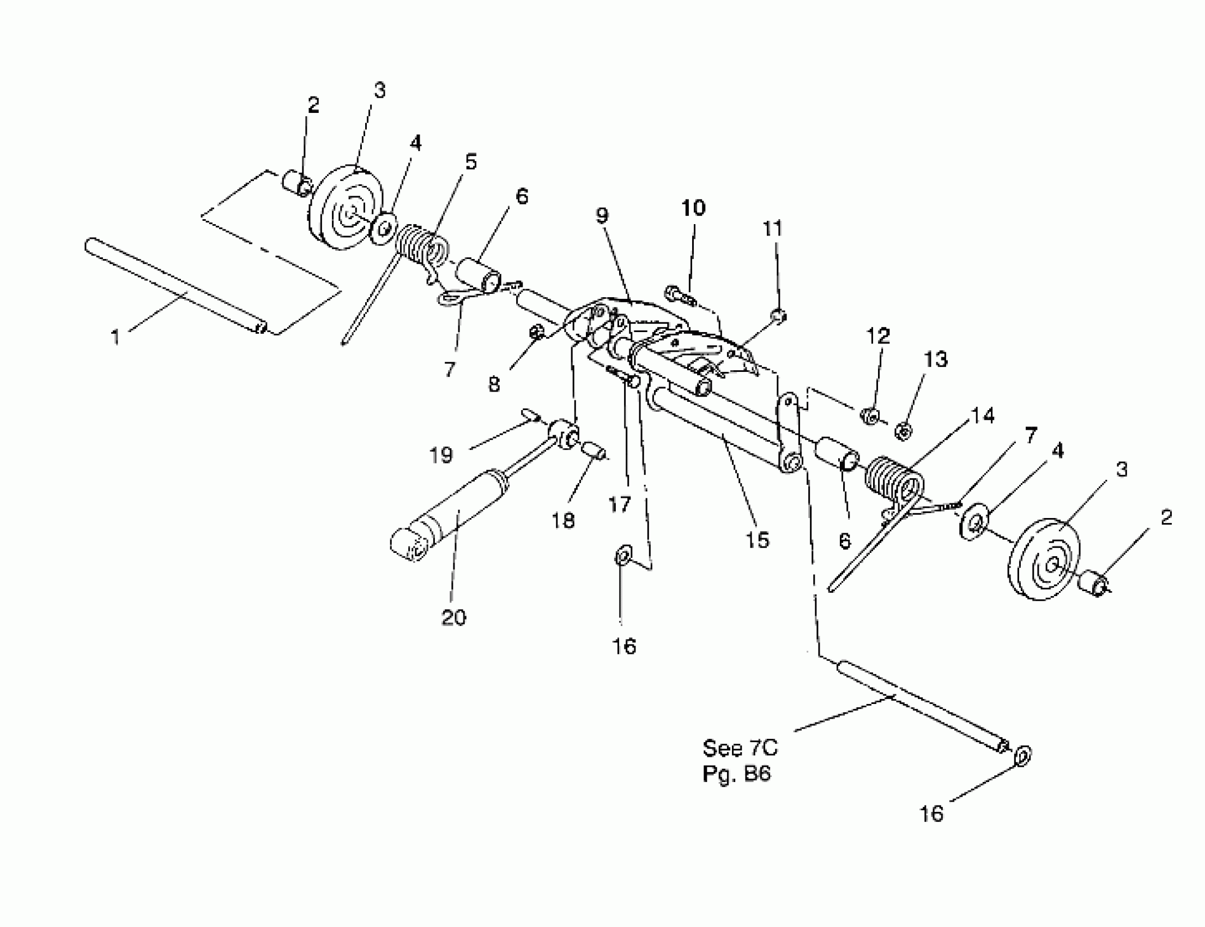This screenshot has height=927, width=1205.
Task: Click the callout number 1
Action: tap(115, 336)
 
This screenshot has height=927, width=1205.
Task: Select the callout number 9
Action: tap(602, 216)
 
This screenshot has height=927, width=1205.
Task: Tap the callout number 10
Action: tap(693, 208)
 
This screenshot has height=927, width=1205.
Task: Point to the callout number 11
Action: tap(773, 228)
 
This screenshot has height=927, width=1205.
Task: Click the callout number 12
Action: tap(879, 335)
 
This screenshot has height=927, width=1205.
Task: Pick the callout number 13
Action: tap(935, 359)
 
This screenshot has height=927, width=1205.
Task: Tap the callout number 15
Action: tap(757, 540)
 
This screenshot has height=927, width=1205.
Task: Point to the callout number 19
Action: tap(441, 455)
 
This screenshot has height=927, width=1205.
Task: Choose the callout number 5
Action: tap(470, 162)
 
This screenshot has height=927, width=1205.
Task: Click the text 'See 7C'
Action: tap(740, 748)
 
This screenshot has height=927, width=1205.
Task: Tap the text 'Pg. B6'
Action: tap(736, 774)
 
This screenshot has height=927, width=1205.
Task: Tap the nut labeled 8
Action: tap(536, 332)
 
